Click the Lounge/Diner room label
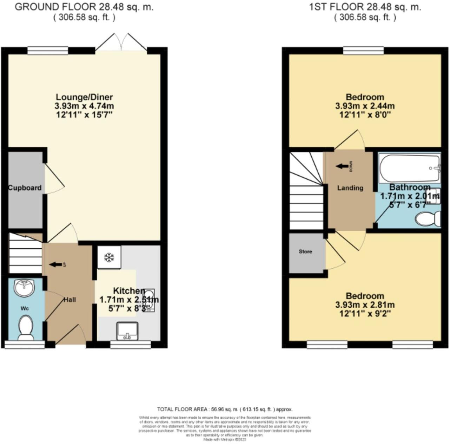[x=84, y=97]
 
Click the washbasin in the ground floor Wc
[x=24, y=288]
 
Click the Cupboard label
[x=25, y=188]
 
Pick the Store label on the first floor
[x=305, y=251]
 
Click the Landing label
[x=350, y=188]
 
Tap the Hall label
[x=70, y=300]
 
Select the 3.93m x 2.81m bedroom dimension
[x=365, y=305]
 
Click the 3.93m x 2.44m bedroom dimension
[x=365, y=106]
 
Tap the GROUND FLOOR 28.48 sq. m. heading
[x=84, y=7]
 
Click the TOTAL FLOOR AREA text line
[x=225, y=409]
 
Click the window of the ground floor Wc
[x=25, y=345]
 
